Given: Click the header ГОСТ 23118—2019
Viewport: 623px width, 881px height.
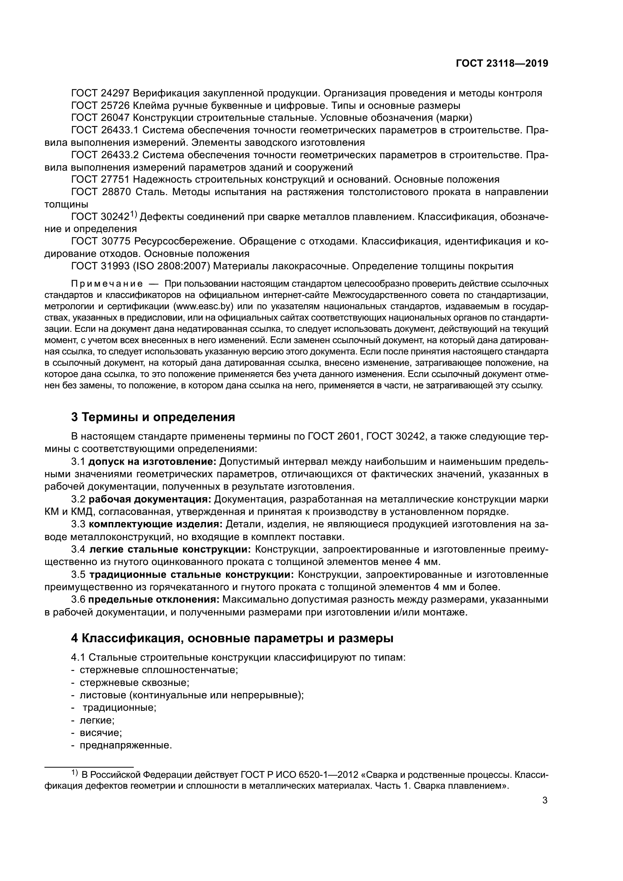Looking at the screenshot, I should (502, 63).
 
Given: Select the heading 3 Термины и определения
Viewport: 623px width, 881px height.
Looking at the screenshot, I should (153, 417).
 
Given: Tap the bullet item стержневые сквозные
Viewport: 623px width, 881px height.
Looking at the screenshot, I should (134, 683).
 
